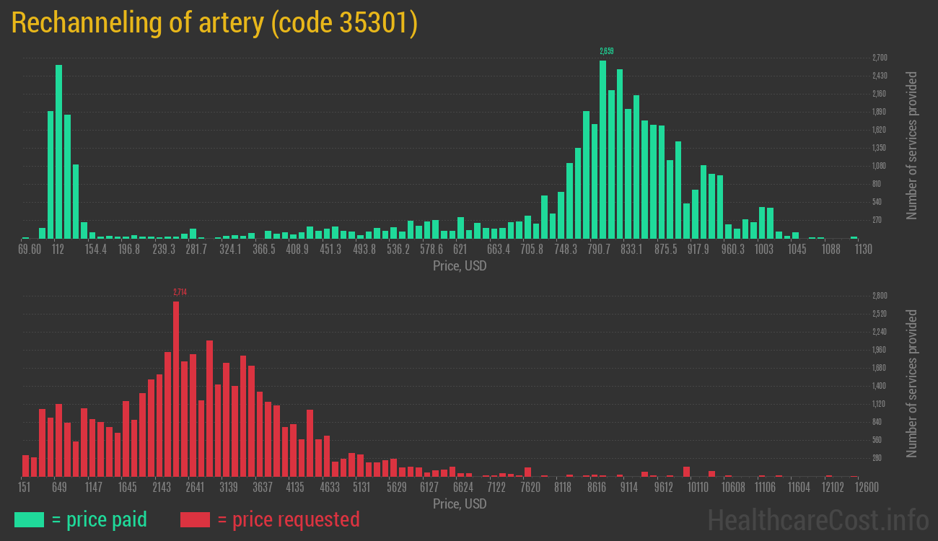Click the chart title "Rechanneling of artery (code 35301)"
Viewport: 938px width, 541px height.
click(x=214, y=23)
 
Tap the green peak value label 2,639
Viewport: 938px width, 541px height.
click(x=606, y=51)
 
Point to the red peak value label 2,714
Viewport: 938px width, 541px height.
click(x=180, y=292)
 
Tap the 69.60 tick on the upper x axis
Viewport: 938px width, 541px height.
click(x=30, y=250)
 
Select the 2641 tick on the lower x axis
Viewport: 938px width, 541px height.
click(x=195, y=488)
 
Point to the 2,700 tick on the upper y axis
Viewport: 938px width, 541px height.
click(x=880, y=58)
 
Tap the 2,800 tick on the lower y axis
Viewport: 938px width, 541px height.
click(x=880, y=296)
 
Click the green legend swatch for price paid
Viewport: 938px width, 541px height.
click(x=29, y=519)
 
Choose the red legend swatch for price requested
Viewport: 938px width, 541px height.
click(x=195, y=519)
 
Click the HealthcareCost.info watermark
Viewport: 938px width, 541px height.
click(x=818, y=519)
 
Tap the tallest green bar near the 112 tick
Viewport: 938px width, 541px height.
click(x=58, y=151)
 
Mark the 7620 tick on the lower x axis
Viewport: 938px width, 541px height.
click(x=530, y=488)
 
